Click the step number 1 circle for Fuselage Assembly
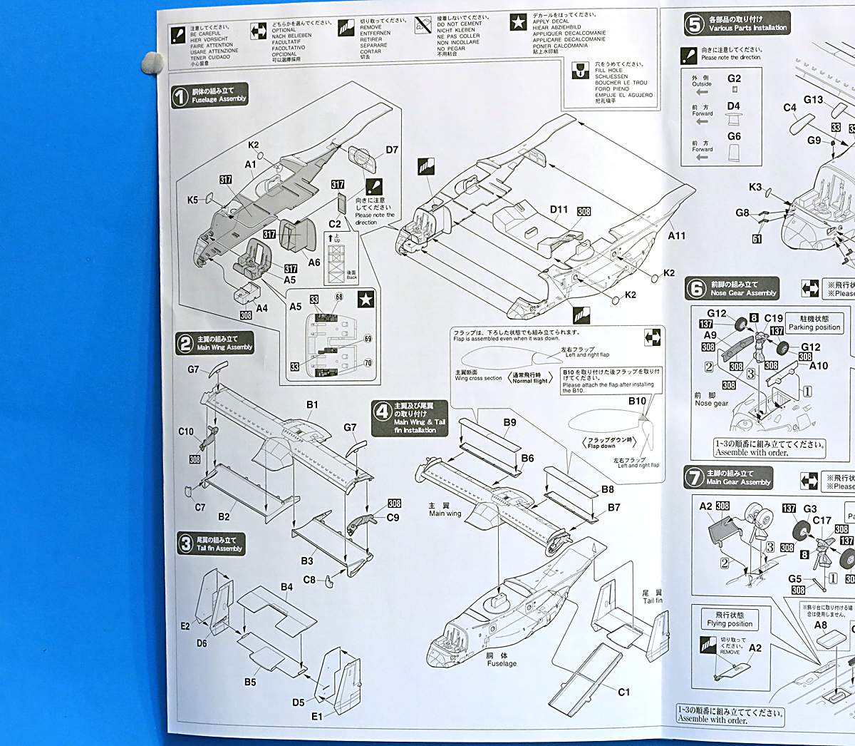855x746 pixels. (180, 96)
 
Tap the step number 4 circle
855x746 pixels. (383, 412)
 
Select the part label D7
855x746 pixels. (392, 150)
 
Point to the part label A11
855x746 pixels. (676, 235)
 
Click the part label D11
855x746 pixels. (559, 210)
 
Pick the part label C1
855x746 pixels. (623, 692)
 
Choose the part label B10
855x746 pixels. (637, 402)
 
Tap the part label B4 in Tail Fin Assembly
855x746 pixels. (286, 587)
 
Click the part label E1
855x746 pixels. (316, 716)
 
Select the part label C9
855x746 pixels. (393, 518)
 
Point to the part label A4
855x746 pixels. (261, 308)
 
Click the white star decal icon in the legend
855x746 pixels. (518, 23)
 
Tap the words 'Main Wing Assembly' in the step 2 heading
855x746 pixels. (224, 347)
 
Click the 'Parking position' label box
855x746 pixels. (814, 323)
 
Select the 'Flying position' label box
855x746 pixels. (730, 619)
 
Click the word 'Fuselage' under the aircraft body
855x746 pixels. (502, 663)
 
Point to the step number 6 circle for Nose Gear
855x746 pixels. (695, 288)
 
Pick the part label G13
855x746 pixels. (813, 100)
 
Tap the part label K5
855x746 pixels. (192, 200)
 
